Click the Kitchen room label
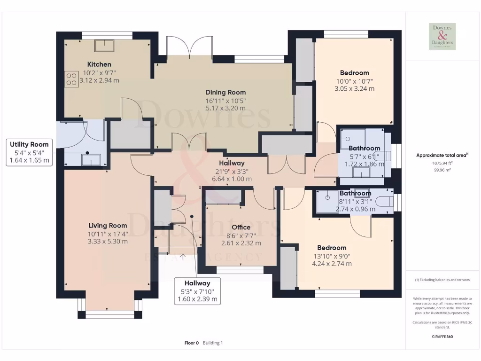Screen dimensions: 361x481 tap(99, 64)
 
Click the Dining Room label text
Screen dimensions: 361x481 tap(225, 93)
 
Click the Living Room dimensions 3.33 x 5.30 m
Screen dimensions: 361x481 tap(108, 241)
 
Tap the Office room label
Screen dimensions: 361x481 tap(241, 228)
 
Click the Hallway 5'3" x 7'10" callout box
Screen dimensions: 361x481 tap(197, 291)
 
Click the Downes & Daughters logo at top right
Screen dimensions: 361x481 tap(442, 36)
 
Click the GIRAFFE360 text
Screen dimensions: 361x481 tap(442, 337)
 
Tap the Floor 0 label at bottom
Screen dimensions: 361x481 tap(192, 343)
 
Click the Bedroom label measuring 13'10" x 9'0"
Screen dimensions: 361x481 tap(332, 248)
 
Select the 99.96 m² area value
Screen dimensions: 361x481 tap(442, 170)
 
